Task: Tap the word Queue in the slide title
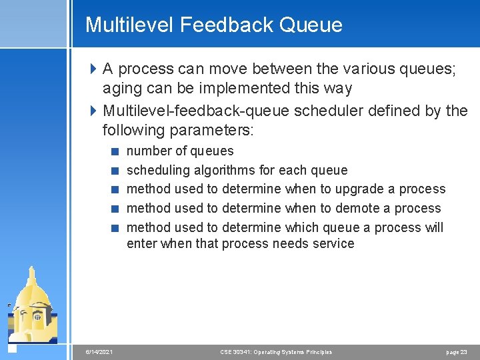point(311,25)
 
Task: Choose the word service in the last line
point(333,243)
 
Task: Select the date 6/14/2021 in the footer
point(99,352)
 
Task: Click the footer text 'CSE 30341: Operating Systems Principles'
point(276,352)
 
